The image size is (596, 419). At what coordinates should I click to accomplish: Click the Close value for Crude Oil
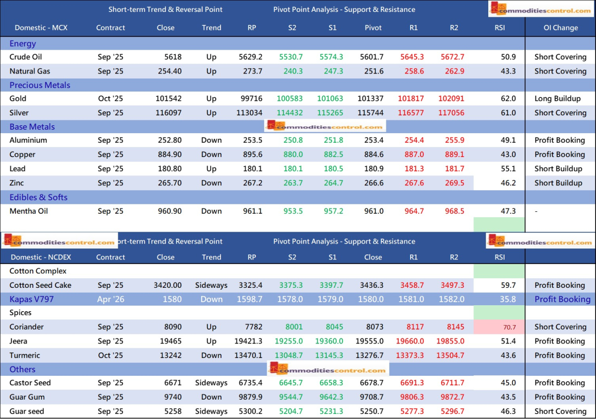[173, 57]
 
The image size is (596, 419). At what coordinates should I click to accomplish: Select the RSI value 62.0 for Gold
[508, 99]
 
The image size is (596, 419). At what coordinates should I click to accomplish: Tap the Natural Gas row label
[29, 71]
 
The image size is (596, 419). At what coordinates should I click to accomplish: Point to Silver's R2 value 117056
[451, 113]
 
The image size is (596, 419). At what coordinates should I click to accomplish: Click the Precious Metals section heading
[40, 85]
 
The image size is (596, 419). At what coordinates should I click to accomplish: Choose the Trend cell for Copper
[212, 155]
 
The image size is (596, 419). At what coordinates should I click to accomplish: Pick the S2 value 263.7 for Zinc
[293, 183]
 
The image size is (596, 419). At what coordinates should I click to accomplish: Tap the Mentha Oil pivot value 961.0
[374, 211]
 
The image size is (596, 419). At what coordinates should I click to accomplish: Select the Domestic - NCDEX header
[40, 257]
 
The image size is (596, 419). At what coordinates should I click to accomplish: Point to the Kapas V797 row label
[31, 299]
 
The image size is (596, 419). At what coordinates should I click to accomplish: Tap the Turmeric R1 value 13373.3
[413, 355]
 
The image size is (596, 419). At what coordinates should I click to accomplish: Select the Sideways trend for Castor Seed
[212, 383]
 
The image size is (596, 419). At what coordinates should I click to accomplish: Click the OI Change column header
[560, 28]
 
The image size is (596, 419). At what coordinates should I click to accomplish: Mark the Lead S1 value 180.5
[333, 169]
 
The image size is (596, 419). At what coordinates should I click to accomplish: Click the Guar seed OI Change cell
[560, 412]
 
